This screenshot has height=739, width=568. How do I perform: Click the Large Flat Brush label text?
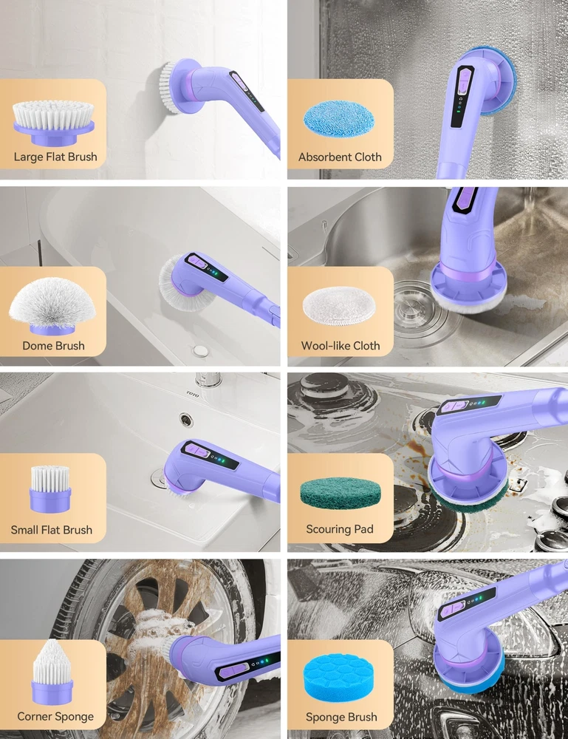(55, 157)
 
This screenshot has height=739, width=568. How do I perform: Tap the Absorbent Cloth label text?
(340, 157)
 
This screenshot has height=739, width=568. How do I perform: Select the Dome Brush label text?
(54, 345)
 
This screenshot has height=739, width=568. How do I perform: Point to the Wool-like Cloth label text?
(341, 345)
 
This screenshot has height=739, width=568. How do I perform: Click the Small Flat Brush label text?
(52, 530)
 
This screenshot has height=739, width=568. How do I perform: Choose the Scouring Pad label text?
(340, 529)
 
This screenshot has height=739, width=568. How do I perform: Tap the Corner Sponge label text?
(55, 717)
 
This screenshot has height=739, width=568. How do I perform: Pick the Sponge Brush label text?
(341, 718)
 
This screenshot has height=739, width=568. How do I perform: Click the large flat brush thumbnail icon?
(53, 123)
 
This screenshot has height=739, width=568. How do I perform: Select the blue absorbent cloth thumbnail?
(339, 118)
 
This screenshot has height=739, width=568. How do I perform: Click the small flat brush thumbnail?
(50, 488)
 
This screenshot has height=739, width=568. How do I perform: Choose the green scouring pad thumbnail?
(340, 493)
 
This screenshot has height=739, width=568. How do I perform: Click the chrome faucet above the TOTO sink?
(208, 379)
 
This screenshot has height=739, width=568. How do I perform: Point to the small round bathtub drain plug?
(201, 350)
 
